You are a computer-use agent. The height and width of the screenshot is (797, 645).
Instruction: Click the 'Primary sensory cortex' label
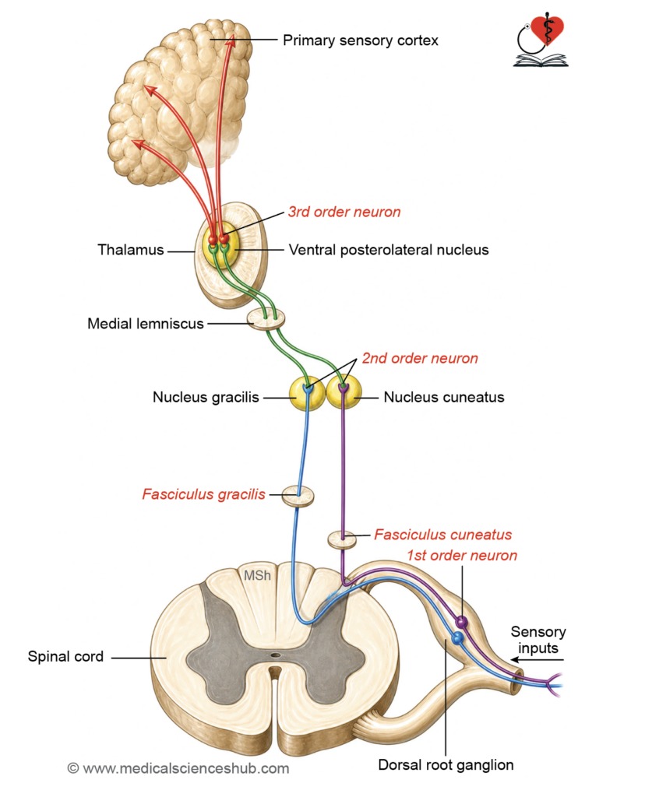click(360, 40)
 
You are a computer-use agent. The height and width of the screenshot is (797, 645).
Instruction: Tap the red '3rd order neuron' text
click(344, 212)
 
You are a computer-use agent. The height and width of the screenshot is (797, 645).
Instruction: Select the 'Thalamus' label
click(131, 250)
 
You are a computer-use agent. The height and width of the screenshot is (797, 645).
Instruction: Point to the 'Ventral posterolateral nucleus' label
click(389, 250)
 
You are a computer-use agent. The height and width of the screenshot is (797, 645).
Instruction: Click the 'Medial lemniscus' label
click(146, 323)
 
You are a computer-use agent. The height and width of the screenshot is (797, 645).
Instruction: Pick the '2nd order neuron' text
click(420, 358)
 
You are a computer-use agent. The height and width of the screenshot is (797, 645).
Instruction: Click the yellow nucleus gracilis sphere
click(307, 393)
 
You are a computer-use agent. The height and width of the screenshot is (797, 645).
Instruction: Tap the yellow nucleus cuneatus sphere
click(344, 392)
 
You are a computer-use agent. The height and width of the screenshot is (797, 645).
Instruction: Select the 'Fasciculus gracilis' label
click(203, 494)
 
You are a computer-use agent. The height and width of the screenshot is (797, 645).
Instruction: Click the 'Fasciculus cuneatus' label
click(442, 534)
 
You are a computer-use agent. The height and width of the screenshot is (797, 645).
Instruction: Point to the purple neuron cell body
click(461, 622)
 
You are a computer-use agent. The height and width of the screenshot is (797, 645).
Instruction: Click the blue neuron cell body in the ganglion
click(458, 637)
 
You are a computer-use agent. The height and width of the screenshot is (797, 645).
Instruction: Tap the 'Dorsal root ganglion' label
click(446, 764)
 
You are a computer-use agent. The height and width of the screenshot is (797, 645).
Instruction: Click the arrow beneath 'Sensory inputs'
click(537, 660)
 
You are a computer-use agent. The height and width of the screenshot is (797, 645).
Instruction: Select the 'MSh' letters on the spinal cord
click(257, 575)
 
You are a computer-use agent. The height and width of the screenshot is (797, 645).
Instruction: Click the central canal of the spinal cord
click(275, 655)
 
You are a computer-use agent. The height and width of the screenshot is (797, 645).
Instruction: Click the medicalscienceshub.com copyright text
click(178, 768)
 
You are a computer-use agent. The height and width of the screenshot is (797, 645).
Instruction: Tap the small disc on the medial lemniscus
click(266, 319)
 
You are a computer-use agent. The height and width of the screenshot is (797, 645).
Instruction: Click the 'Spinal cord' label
click(65, 656)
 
